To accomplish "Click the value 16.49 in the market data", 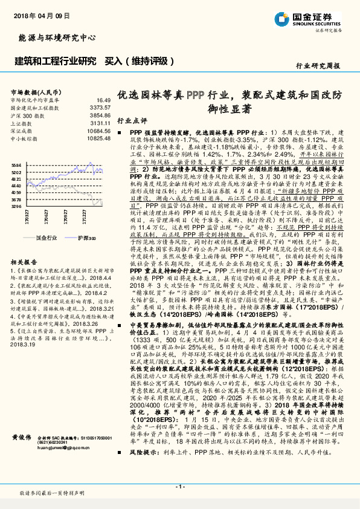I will coord(103,100).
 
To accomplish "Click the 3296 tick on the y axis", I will coord(16,206).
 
